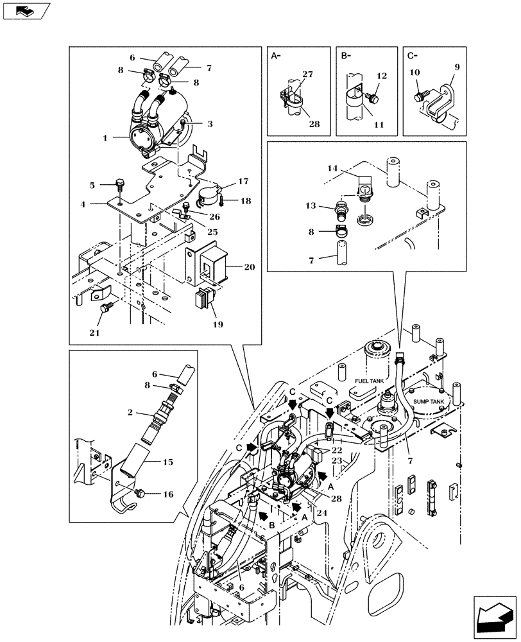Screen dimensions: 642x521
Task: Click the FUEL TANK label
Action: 367,381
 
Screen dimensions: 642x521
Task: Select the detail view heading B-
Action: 346,56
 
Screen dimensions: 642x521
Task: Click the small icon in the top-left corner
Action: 25,10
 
